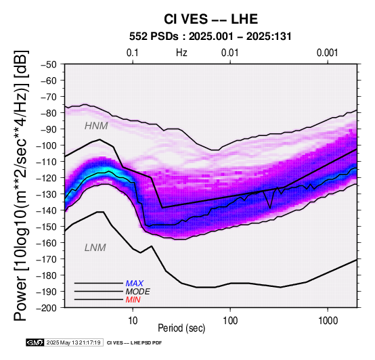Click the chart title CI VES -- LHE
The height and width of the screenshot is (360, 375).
(211, 19)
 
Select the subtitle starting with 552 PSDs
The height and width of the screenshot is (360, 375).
(211, 37)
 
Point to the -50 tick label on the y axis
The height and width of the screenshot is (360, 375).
(49, 64)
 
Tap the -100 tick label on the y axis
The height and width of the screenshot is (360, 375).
(47, 145)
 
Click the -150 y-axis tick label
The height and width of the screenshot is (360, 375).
(47, 227)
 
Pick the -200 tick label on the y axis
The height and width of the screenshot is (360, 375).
(47, 308)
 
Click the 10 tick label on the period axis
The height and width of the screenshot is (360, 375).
(133, 321)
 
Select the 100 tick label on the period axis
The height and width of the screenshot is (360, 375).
(230, 321)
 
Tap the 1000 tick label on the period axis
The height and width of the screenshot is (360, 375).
(328, 321)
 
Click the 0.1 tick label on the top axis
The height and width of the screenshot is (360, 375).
(133, 53)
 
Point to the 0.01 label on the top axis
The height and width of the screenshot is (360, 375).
(230, 53)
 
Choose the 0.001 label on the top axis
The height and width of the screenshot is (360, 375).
(327, 53)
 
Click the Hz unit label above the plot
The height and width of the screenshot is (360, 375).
(181, 53)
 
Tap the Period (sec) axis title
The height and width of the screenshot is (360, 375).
(181, 328)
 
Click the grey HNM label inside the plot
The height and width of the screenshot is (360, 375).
(96, 126)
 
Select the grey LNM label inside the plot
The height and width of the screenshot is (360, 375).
(95, 248)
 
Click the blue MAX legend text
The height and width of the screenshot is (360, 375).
(135, 284)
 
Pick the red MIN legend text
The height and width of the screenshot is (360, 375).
(133, 300)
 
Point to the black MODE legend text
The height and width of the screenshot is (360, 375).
(138, 292)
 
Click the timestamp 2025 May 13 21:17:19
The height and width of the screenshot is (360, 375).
(73, 343)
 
